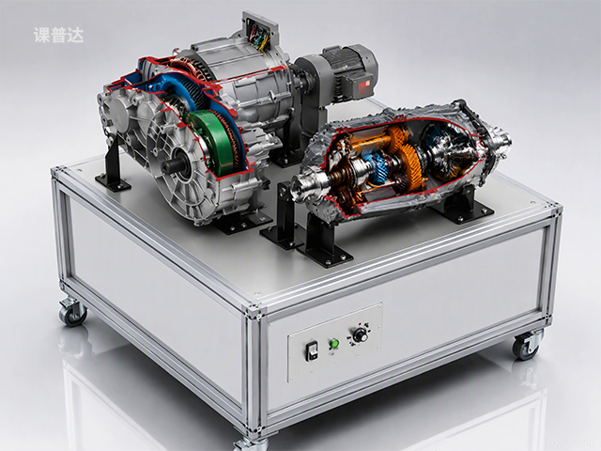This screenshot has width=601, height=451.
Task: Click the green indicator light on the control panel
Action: pyautogui.click(x=334, y=343)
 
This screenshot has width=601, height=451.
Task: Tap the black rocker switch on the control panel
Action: pyautogui.click(x=313, y=350)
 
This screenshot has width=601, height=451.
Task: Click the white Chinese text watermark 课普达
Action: pyautogui.click(x=58, y=36)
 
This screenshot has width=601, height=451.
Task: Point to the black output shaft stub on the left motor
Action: pyautogui.click(x=172, y=166)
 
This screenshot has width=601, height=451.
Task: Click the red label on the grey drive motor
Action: pyautogui.click(x=363, y=87)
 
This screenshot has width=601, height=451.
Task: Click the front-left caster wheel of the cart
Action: pyautogui.click(x=73, y=312)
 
